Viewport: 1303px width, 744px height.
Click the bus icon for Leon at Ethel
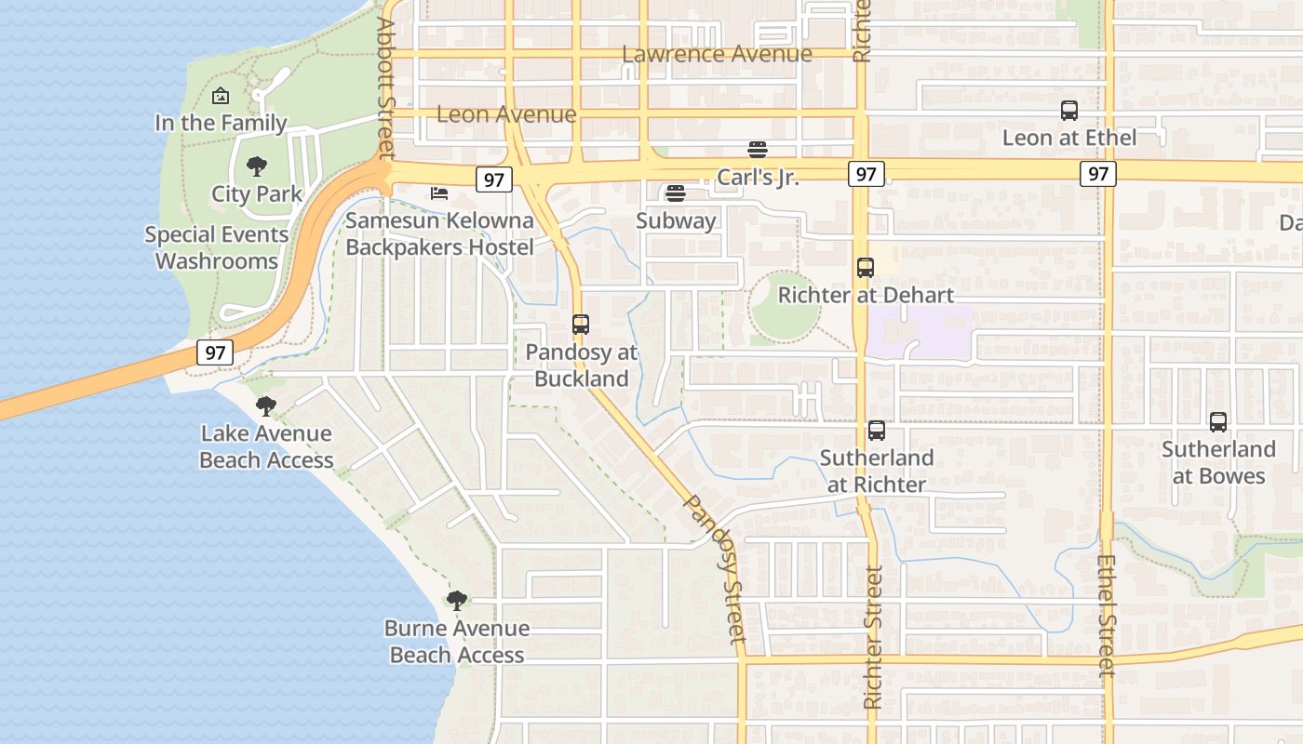point(1069,111)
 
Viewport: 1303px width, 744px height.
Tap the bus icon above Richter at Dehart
point(866,268)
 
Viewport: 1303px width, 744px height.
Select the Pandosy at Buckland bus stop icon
point(581,325)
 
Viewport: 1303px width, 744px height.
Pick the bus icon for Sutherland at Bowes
point(1218,422)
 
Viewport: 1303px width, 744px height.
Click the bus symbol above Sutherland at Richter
point(877,431)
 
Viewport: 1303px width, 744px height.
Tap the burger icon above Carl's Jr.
point(758,150)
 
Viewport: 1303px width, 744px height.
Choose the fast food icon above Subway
point(676,193)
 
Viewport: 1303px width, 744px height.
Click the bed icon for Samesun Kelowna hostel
point(439,193)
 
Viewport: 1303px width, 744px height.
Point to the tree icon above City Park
point(257,166)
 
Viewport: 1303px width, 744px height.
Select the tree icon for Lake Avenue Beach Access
point(266,405)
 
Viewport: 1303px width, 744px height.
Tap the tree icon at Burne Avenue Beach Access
point(456,600)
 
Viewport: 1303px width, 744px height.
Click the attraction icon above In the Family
point(221,96)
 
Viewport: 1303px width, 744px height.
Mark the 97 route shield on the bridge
point(215,352)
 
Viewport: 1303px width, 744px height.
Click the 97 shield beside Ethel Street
point(1098,173)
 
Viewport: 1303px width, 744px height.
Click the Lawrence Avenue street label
point(717,54)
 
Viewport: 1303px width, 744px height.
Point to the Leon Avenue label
point(506,114)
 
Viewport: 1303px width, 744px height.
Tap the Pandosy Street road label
point(716,568)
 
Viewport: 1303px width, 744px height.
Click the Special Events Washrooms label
point(217,247)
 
